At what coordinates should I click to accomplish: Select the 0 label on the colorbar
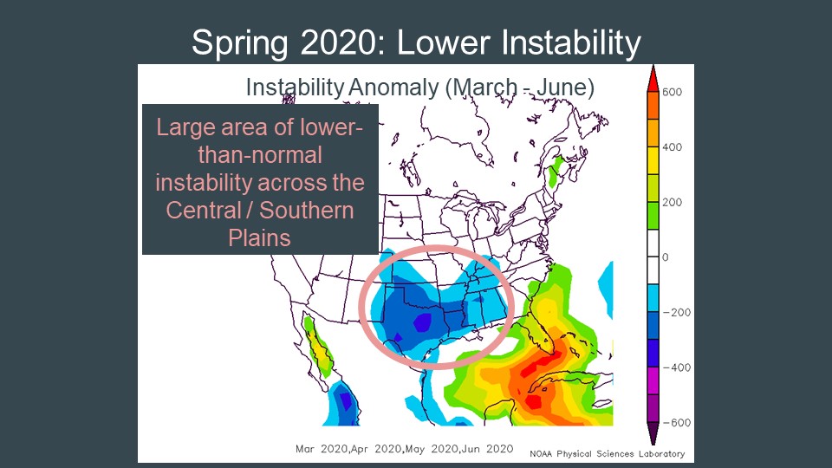click(666, 257)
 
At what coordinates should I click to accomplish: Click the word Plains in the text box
click(259, 237)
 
